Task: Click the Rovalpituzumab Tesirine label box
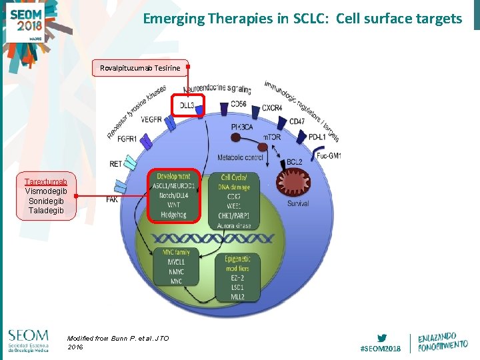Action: [x=140, y=67]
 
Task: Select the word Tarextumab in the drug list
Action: [x=45, y=181]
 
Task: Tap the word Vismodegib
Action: [x=45, y=191]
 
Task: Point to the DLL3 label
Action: [x=187, y=105]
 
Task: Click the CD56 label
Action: [x=238, y=105]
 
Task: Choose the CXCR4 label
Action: [x=271, y=108]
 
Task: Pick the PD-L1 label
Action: [x=318, y=137]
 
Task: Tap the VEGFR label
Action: [x=151, y=120]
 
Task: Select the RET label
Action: [x=116, y=163]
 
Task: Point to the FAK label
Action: [x=112, y=199]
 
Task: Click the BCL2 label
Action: [x=295, y=162]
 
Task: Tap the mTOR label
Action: [x=271, y=137]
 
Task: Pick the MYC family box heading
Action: [x=174, y=252]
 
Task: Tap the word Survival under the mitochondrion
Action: [x=298, y=203]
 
